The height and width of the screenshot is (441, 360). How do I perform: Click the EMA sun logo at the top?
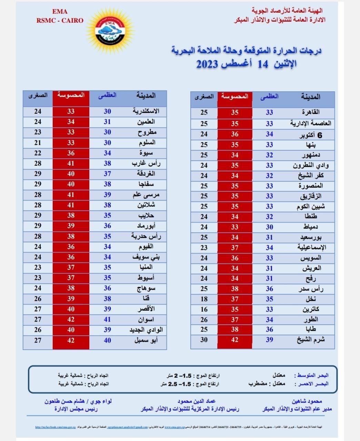point(110,30)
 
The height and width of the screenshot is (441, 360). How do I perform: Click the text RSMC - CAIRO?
point(60,20)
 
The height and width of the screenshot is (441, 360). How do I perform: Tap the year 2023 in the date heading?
point(207,64)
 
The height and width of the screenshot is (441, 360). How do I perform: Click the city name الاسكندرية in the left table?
point(146,111)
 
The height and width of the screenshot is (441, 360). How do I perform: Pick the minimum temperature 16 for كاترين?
point(204,309)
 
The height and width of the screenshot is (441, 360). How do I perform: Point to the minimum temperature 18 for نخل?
point(204,299)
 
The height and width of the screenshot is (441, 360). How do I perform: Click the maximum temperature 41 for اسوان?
point(108,319)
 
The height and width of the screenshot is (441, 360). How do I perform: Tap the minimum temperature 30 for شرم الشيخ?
point(204,340)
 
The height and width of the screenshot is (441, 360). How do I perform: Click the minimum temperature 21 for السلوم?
point(38,142)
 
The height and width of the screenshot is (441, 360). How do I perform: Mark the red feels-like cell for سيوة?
point(71,153)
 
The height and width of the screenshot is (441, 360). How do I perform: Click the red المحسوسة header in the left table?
point(71,95)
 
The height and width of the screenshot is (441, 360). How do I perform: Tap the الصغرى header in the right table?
point(204,97)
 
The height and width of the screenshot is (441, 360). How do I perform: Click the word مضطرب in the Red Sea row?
point(258,383)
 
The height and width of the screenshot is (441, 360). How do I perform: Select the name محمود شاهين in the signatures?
point(307,401)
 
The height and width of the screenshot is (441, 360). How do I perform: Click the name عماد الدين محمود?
point(197,401)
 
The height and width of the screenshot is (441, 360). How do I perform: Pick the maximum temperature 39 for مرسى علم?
point(108,195)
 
